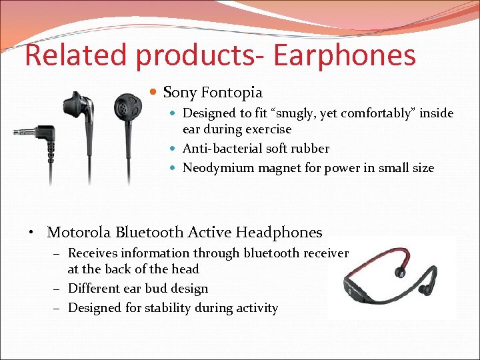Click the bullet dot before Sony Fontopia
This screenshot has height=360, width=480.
coord(154,93)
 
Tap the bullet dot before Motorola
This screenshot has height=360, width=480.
coord(32,233)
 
